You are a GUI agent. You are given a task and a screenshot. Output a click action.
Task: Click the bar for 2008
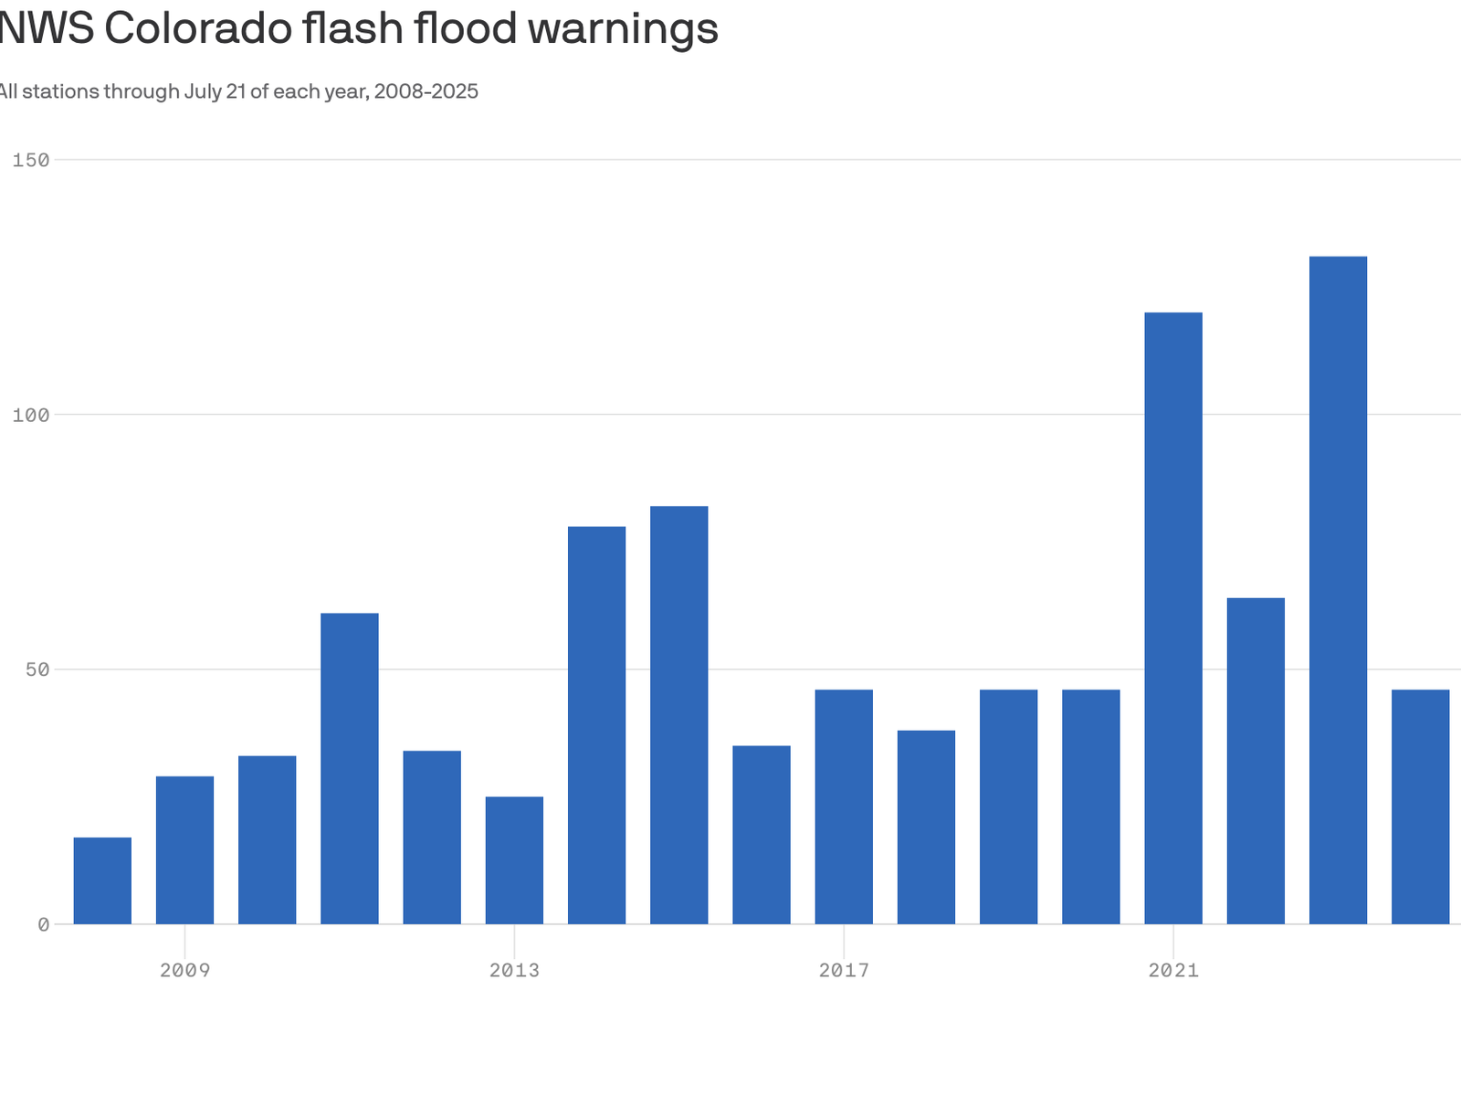(102, 880)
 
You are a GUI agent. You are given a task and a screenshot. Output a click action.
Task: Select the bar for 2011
(350, 768)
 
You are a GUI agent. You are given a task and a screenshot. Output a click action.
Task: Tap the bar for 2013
(514, 860)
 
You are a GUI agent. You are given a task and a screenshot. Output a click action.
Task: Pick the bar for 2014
(596, 725)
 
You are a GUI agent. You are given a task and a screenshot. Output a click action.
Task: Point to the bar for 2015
(679, 715)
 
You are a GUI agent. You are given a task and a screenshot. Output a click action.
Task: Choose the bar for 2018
(926, 827)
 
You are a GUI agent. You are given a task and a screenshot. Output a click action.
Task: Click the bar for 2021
(1173, 618)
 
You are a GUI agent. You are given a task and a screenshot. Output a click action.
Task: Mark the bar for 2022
(1256, 761)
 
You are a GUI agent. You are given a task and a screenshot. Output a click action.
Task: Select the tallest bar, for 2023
(1338, 590)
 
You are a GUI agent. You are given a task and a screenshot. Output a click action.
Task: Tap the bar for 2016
(762, 835)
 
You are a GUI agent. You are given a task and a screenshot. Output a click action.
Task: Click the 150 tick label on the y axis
(31, 160)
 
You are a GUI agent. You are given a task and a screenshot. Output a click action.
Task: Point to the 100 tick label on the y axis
(31, 415)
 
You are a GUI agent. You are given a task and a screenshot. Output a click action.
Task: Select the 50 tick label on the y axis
(37, 669)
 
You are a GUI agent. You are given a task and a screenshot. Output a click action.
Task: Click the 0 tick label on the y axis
(43, 924)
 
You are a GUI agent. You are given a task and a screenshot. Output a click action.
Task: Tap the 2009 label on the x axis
(184, 970)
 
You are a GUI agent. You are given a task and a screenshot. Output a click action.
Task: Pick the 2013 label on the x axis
(514, 970)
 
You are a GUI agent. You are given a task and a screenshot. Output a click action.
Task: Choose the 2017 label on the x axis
(844, 970)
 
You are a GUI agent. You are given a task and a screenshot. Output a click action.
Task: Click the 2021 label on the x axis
(1173, 970)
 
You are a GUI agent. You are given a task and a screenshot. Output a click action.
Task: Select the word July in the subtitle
(204, 91)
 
